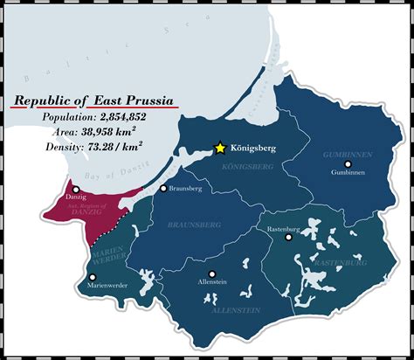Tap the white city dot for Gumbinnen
[x=348, y=163]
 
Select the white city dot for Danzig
[x=76, y=189]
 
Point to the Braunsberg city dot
[x=162, y=188]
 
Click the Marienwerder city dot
[x=93, y=276]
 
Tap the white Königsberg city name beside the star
[x=254, y=149]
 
